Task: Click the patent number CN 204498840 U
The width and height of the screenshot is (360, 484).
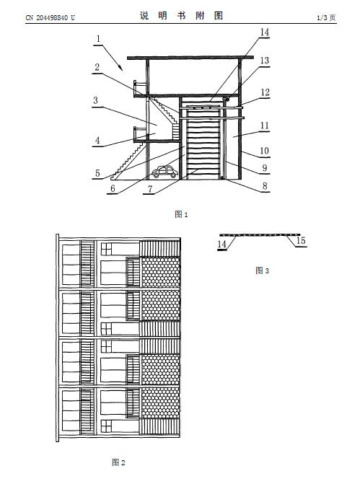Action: coord(51,17)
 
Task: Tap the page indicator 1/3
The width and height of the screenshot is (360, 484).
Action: coord(322,17)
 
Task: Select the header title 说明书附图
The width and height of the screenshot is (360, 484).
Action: coord(181,16)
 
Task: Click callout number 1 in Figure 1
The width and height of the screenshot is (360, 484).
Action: coord(98,39)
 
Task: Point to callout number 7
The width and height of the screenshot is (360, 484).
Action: coord(150,189)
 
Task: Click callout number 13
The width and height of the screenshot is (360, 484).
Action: coord(265,61)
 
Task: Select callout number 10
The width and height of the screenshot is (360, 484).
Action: coord(264,151)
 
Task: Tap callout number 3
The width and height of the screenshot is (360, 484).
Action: coord(96,100)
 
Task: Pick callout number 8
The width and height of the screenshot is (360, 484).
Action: coord(265,186)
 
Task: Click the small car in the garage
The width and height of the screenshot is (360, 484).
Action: coord(164,172)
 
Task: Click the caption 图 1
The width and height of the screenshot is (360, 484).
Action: coord(181,214)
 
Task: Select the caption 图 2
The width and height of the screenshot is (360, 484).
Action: coord(118,462)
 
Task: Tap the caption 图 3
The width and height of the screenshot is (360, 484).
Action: coord(262,270)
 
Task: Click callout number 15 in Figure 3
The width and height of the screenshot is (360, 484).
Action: coord(301,240)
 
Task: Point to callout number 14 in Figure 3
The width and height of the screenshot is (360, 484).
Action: coord(222,244)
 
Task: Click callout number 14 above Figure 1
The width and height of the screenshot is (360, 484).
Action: coord(265,32)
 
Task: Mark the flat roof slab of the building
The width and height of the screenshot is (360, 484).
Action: coord(190,58)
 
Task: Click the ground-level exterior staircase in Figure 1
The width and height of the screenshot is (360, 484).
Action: coord(128,161)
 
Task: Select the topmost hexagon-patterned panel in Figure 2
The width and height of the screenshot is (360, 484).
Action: coord(160,272)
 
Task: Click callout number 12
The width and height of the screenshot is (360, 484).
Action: coord(265,92)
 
